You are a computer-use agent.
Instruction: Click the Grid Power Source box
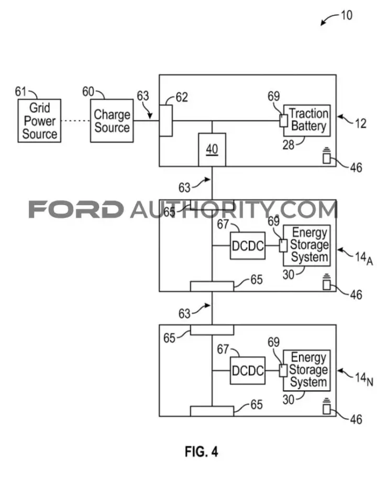(39, 120)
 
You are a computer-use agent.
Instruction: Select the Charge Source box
(112, 120)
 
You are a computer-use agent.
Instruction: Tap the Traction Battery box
(307, 120)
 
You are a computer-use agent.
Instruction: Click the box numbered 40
(212, 150)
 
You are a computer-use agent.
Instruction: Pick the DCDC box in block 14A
(248, 245)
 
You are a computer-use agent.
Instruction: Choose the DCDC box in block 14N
(248, 371)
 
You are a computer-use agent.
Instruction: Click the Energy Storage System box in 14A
(307, 245)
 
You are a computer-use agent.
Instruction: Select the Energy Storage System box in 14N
(307, 371)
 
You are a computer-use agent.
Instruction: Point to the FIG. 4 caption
(202, 452)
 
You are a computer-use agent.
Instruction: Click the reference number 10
(346, 15)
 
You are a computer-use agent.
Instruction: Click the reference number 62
(182, 97)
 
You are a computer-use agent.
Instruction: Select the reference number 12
(361, 124)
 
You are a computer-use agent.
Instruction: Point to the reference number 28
(289, 144)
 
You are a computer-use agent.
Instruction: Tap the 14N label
(364, 378)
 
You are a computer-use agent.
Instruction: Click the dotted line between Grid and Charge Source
(75, 120)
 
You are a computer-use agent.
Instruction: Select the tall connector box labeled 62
(166, 120)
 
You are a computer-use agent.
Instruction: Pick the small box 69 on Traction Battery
(283, 120)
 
